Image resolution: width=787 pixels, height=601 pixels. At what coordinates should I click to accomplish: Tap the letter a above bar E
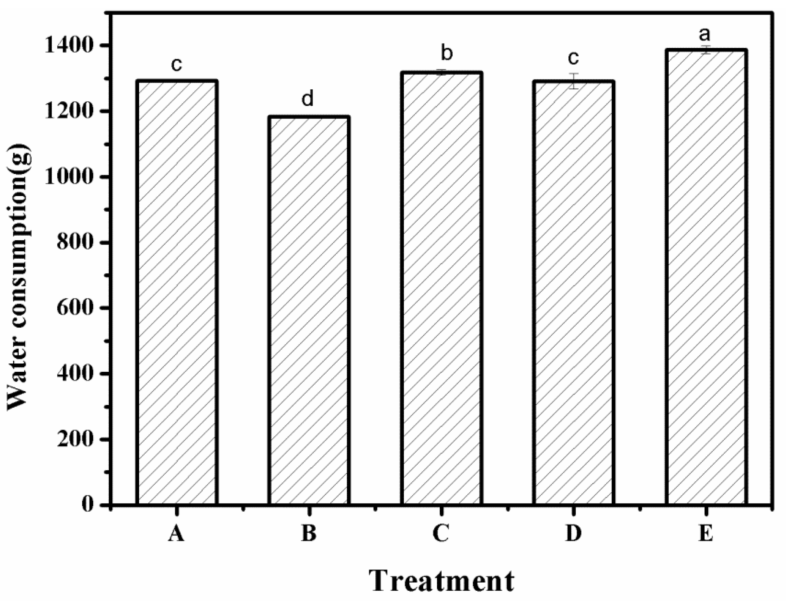[x=705, y=35]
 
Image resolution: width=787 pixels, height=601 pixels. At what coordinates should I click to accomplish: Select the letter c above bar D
[x=573, y=58]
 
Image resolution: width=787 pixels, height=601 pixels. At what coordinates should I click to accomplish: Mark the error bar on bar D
[x=574, y=81]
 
